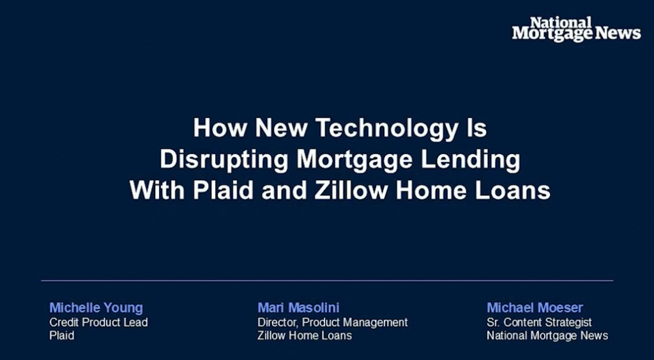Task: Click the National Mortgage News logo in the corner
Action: tap(577, 29)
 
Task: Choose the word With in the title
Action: tap(158, 190)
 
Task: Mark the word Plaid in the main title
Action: tap(223, 190)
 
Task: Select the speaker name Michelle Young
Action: tap(96, 308)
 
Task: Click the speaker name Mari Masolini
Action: tap(298, 308)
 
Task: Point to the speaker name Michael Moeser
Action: tap(535, 308)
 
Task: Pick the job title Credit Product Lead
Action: tap(98, 322)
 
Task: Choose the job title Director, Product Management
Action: tap(332, 322)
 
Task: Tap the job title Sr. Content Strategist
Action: tap(539, 322)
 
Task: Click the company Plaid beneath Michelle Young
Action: tap(62, 335)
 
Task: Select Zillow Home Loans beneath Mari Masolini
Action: tap(305, 335)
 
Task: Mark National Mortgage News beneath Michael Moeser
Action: tap(547, 335)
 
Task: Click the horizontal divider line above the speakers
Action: tap(327, 281)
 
